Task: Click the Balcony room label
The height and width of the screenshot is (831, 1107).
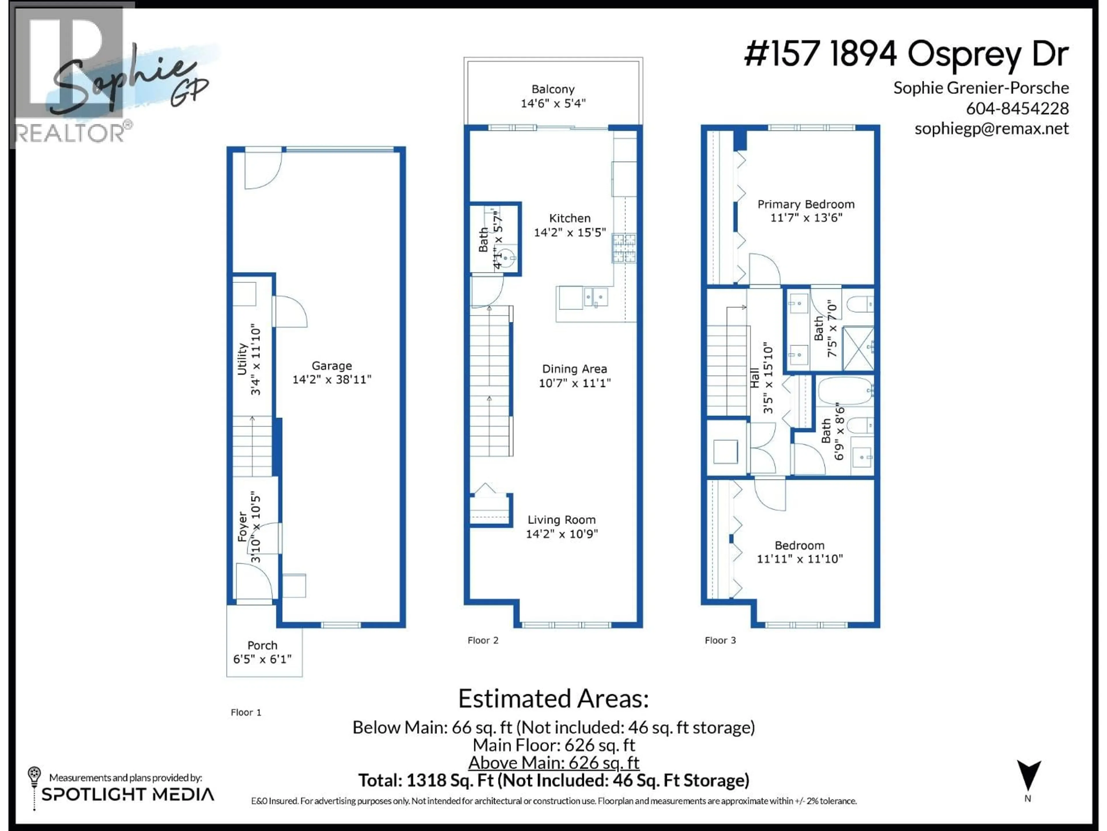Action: click(x=553, y=89)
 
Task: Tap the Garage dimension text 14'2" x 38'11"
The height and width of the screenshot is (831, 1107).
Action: click(x=332, y=380)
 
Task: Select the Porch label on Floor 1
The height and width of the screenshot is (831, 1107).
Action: click(x=262, y=645)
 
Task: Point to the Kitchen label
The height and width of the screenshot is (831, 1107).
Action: click(x=570, y=218)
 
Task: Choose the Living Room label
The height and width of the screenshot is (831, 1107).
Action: click(x=562, y=520)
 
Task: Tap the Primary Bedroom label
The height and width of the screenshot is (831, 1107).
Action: click(x=806, y=204)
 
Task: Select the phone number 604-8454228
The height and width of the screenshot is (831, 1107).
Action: click(x=1017, y=108)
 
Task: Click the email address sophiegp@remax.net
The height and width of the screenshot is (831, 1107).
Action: click(x=991, y=129)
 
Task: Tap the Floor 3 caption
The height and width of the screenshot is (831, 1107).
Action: click(x=720, y=640)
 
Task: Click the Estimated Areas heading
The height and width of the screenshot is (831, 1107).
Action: click(x=553, y=698)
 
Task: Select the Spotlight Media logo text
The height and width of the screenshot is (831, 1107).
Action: click(x=128, y=794)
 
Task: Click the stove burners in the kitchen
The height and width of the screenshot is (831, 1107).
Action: click(x=624, y=248)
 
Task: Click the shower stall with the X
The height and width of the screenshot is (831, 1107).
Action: click(x=858, y=349)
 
